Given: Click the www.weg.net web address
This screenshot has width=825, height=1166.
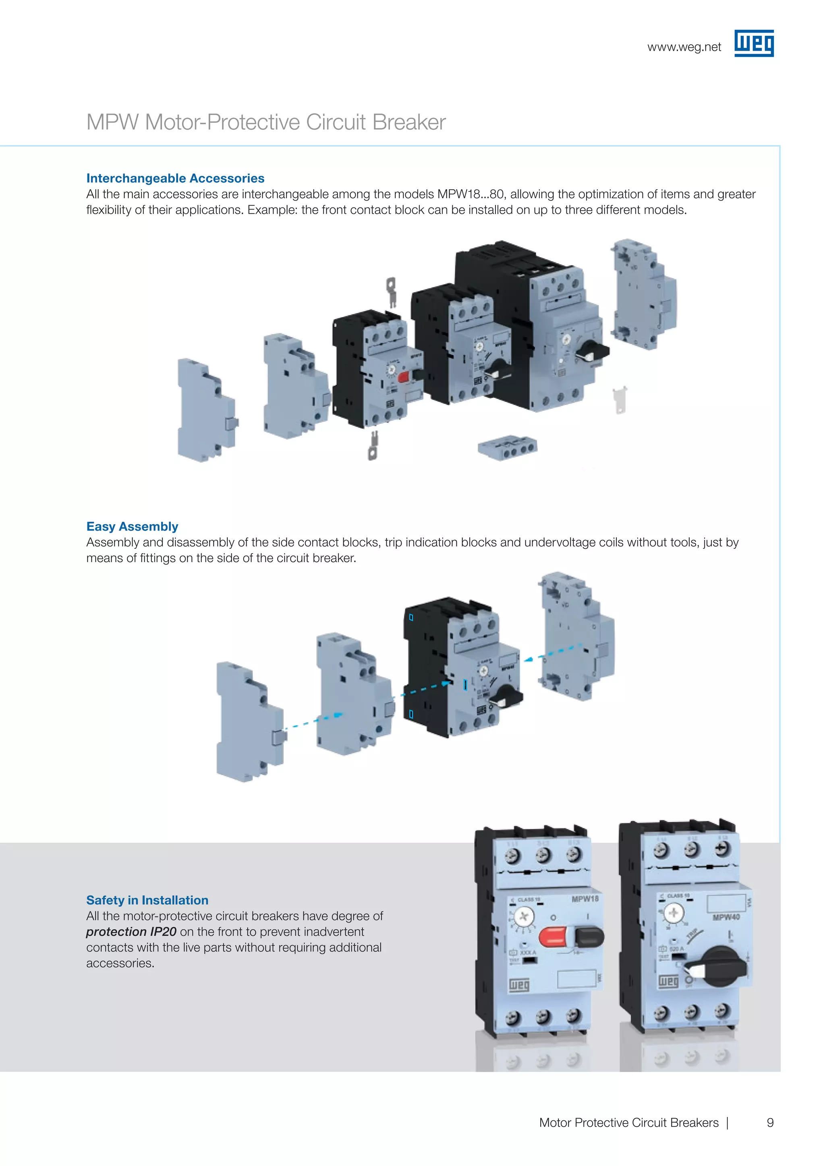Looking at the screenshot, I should coord(684,47).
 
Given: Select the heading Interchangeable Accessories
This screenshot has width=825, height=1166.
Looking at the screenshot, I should coord(175,178).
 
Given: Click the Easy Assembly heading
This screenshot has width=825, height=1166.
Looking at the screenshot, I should coord(132,526).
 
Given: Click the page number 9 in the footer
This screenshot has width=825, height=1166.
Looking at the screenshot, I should coord(770,1123).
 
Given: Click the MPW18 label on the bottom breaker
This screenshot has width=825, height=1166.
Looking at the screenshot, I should coord(585,899).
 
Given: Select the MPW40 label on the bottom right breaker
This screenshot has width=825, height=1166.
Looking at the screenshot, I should coord(726,917).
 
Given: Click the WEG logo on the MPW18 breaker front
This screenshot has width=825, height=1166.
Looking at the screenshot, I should coord(519,985).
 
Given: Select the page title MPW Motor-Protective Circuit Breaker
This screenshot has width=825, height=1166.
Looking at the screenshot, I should coord(266,122).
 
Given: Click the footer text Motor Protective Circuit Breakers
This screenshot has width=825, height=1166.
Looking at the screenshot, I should coord(628,1123).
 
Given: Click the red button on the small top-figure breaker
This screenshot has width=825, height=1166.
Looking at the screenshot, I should coord(404,377).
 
